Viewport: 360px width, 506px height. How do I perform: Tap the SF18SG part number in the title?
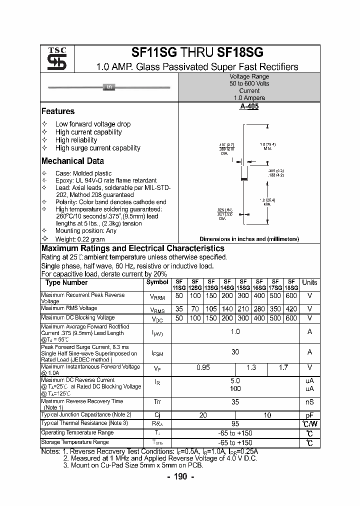(240, 52)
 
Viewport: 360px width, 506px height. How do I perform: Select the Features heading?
(58, 111)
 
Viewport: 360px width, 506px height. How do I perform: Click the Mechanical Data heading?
(72, 161)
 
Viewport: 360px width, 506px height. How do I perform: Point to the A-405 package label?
(249, 106)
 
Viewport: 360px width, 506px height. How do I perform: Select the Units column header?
(309, 282)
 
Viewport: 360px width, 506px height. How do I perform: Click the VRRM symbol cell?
(157, 297)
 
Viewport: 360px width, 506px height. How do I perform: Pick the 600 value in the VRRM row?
(291, 295)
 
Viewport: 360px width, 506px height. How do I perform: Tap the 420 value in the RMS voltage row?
(291, 309)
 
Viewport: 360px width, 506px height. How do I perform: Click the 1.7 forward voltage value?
(283, 367)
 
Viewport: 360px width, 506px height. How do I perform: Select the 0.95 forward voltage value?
(203, 367)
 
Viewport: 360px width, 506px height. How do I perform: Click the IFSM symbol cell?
(157, 353)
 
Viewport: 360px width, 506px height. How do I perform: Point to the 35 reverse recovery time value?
(235, 401)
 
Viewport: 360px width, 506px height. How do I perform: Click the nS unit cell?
(309, 401)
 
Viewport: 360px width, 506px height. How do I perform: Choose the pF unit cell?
(309, 415)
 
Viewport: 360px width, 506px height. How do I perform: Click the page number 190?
(180, 476)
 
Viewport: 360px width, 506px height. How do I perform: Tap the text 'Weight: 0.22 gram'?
(80, 239)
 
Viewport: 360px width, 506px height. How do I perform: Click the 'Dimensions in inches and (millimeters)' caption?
(249, 239)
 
